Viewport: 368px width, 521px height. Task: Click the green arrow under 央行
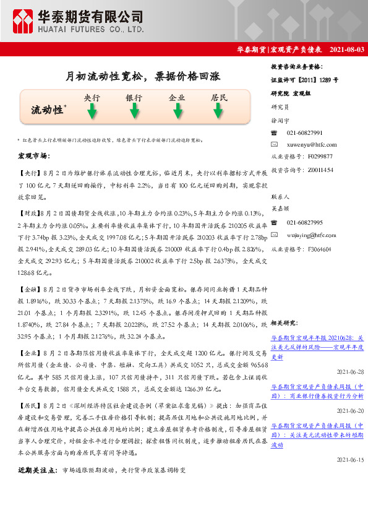tap(92, 111)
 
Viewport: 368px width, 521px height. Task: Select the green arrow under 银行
tap(134, 111)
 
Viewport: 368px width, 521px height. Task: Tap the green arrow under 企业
tap(177, 111)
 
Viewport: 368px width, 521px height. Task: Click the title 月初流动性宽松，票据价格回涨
tap(142, 77)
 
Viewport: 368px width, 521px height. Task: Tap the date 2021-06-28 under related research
tap(350, 372)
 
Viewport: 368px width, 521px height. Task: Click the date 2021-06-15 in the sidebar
tap(350, 460)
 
